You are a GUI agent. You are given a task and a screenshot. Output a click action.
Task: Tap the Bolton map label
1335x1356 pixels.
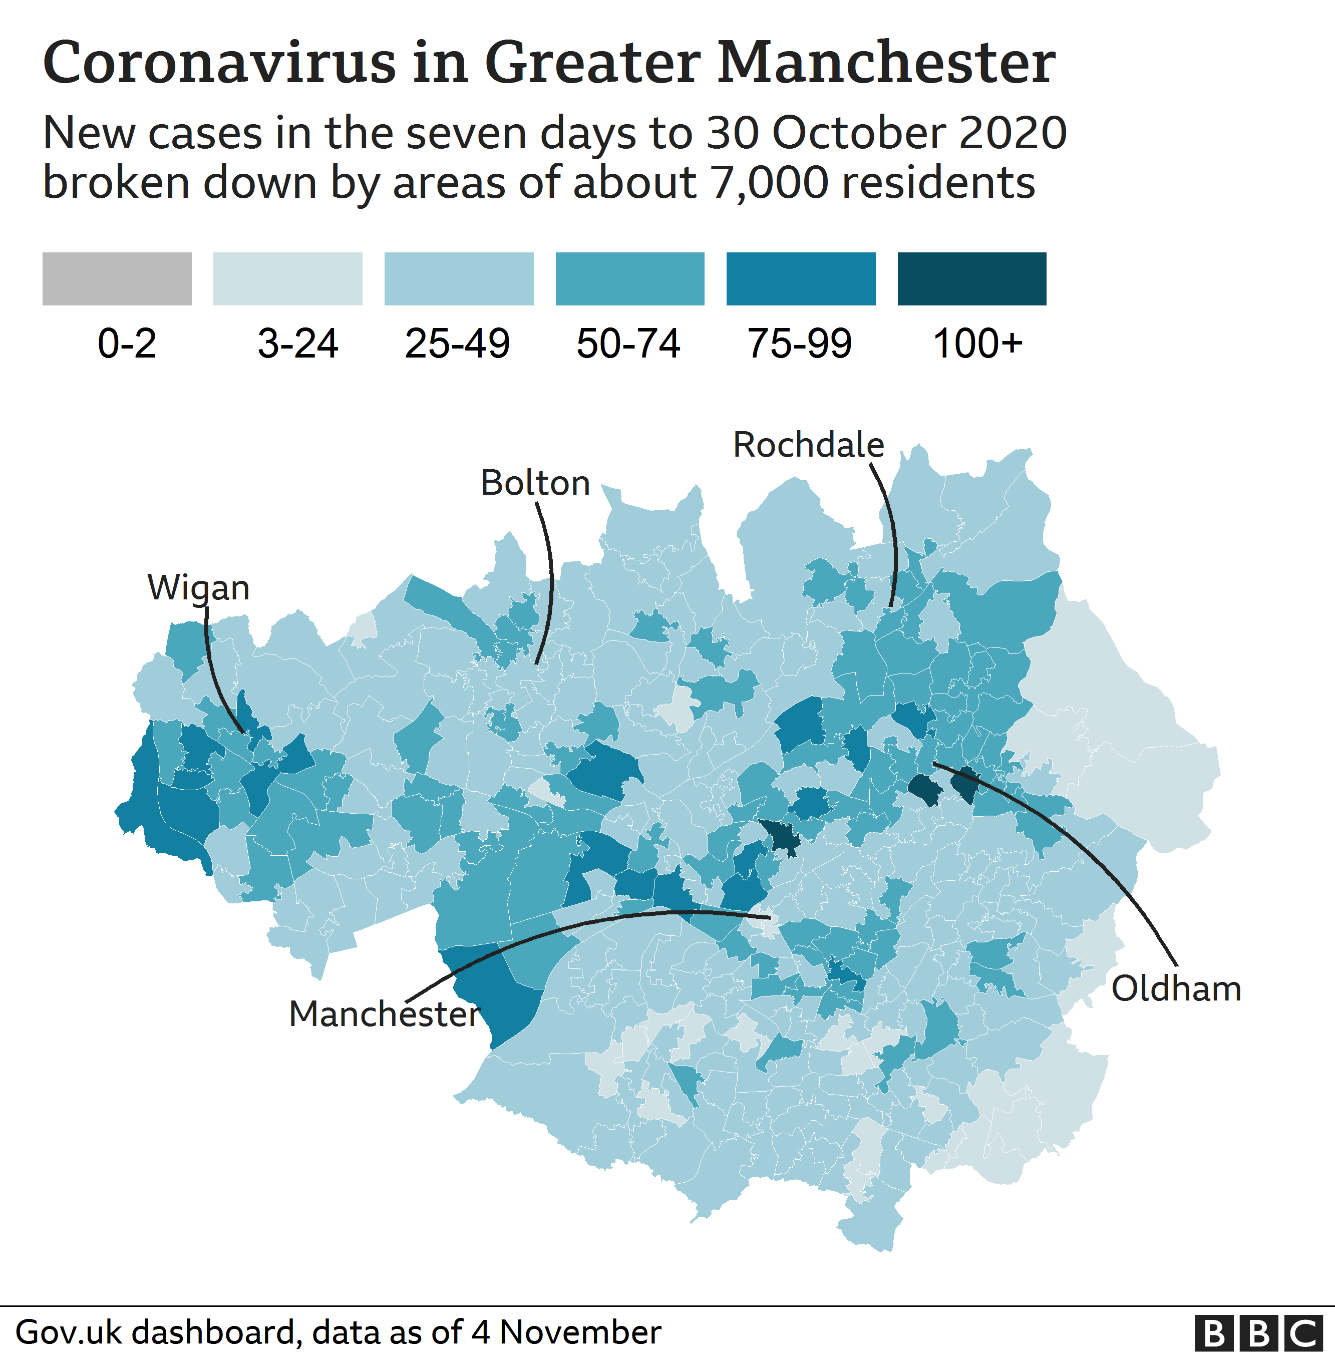click(x=535, y=483)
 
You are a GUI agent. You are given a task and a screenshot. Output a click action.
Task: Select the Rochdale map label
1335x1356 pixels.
click(x=808, y=445)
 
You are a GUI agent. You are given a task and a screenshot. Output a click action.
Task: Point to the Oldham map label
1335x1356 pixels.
click(x=1176, y=988)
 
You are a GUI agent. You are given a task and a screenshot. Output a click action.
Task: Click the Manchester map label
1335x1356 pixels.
click(x=384, y=1014)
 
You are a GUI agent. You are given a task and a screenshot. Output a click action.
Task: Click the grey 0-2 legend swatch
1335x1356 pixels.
click(x=117, y=279)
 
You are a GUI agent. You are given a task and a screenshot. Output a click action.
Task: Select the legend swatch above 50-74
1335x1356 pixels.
click(x=629, y=279)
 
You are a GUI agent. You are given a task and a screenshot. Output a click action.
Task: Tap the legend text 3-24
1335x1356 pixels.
click(x=297, y=344)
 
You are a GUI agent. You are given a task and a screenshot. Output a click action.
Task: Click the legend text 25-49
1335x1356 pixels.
click(x=457, y=344)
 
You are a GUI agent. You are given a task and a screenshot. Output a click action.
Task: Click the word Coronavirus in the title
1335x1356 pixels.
click(x=219, y=63)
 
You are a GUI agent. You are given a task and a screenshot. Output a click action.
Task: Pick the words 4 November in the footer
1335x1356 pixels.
click(x=566, y=1332)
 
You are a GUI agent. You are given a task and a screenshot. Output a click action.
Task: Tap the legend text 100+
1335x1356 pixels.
click(x=977, y=344)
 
